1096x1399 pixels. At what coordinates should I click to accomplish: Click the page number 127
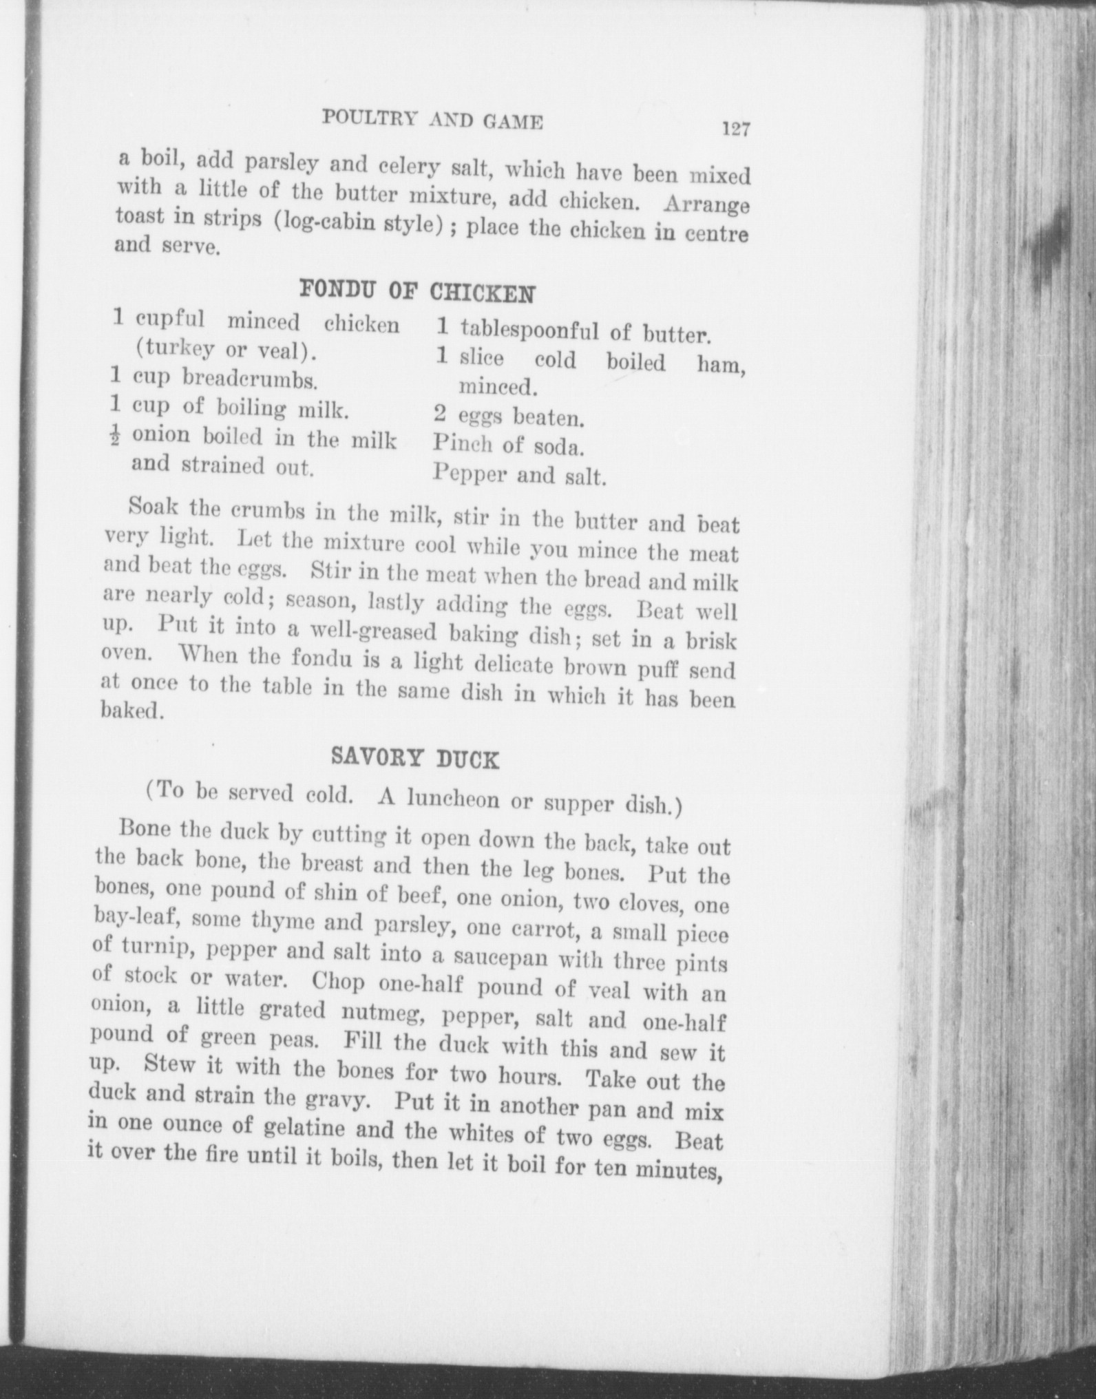(735, 129)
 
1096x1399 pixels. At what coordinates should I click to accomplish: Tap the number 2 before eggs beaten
(441, 415)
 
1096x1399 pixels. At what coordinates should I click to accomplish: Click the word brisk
(710, 642)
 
